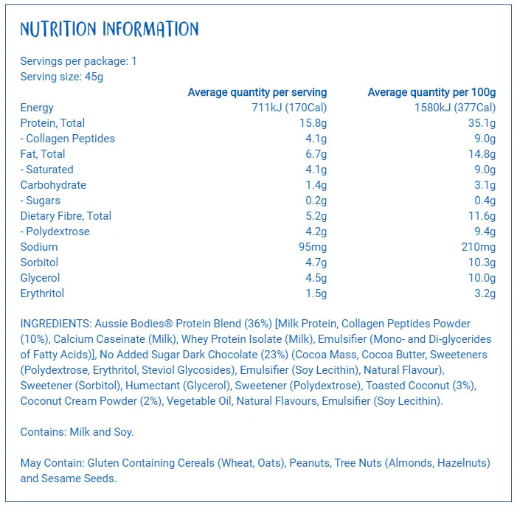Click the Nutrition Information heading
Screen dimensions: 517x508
point(109,29)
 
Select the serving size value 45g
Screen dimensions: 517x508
point(94,77)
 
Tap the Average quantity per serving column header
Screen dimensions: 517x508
point(257,92)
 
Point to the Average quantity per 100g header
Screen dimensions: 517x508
point(431,92)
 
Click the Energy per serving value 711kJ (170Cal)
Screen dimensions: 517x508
point(289,108)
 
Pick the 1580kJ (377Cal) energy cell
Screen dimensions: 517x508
point(455,108)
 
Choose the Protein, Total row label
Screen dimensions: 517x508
point(52,123)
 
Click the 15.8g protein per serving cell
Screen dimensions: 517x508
point(313,123)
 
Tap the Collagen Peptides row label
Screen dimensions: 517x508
point(68,139)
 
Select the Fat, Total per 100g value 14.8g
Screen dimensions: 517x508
point(482,154)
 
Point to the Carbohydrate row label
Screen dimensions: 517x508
point(53,185)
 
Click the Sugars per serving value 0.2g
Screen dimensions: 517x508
point(316,201)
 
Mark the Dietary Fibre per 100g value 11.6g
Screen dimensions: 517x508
point(482,216)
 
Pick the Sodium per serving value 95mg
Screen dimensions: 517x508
point(313,247)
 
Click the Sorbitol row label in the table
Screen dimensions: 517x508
point(39,262)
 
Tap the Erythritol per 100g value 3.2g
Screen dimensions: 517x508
point(485,293)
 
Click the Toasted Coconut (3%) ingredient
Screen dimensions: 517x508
point(420,386)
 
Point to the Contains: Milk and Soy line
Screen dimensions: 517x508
point(77,432)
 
